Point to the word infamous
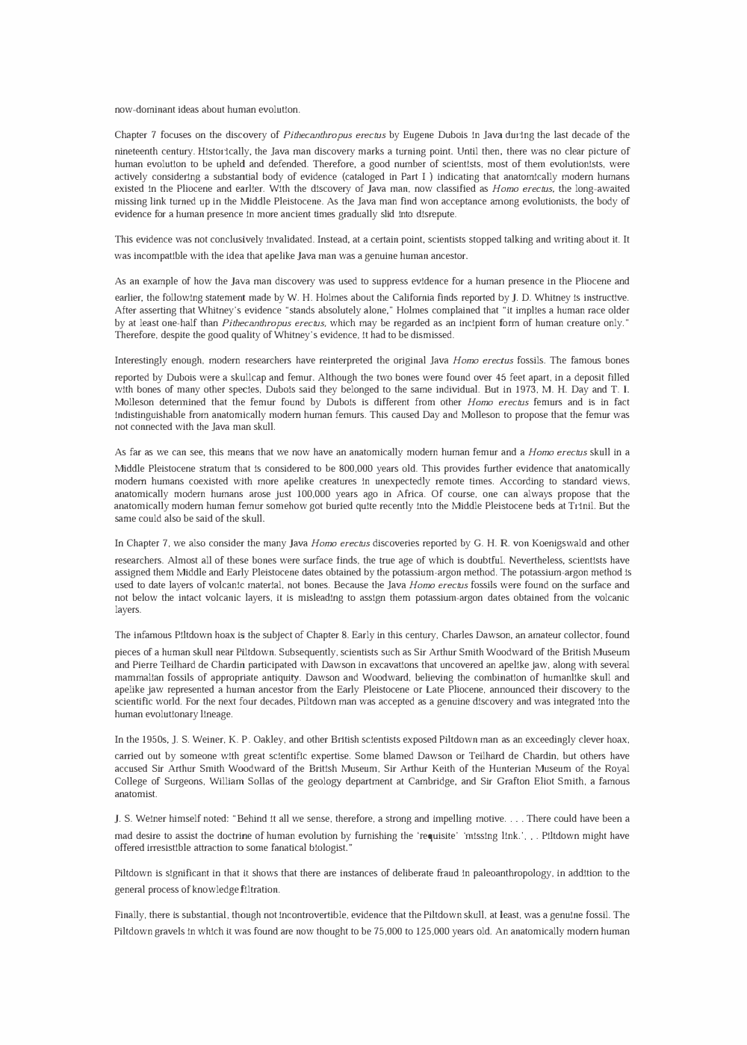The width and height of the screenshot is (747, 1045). pyautogui.click(x=152, y=635)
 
